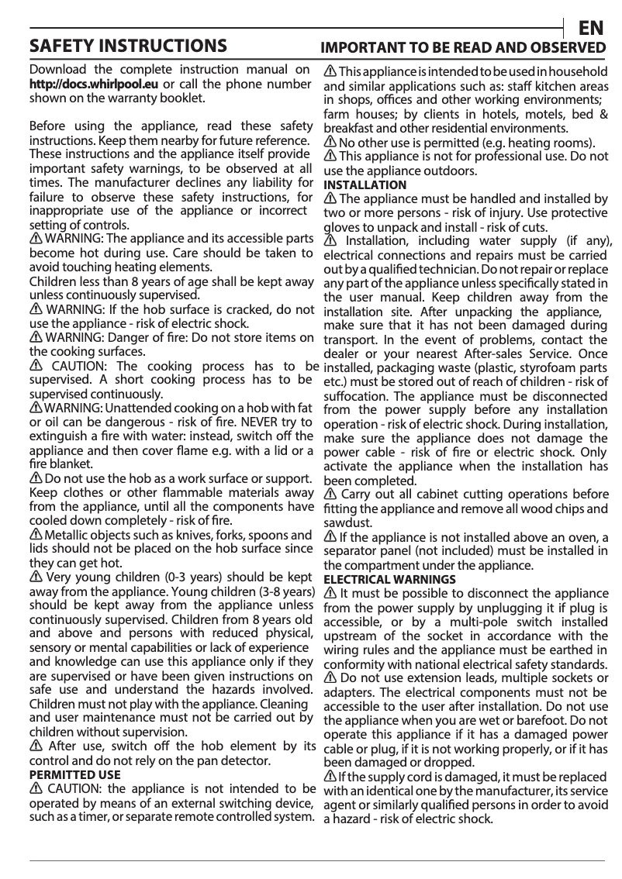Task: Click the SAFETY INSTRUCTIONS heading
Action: [128, 45]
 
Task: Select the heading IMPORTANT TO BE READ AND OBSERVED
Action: [464, 48]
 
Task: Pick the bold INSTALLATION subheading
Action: [365, 185]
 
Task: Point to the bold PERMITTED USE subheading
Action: [74, 774]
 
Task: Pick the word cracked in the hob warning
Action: [244, 309]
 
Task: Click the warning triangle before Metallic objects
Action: [36, 536]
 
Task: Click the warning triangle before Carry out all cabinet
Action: [330, 495]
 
